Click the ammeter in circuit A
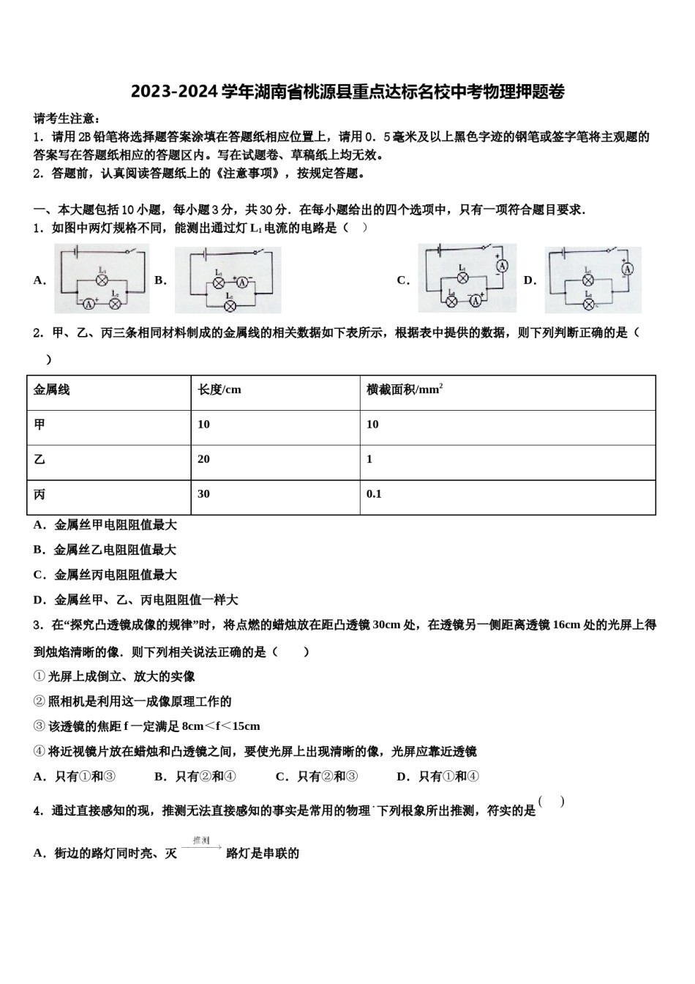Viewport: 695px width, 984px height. (x=87, y=302)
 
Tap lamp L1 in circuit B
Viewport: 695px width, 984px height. (x=218, y=282)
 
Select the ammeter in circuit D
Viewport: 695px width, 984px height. (x=626, y=269)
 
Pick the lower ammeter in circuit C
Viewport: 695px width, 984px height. (x=476, y=300)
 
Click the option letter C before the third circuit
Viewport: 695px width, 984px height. (x=402, y=280)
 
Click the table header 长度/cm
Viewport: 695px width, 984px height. (x=219, y=389)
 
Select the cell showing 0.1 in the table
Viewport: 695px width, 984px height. (x=374, y=494)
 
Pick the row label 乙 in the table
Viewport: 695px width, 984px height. (x=40, y=459)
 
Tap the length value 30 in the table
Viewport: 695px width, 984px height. (x=203, y=494)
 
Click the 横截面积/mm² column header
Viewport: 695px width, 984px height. (x=405, y=389)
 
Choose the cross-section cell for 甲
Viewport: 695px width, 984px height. (x=372, y=425)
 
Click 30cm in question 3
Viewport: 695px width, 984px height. (x=386, y=625)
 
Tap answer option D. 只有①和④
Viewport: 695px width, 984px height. (x=437, y=776)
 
